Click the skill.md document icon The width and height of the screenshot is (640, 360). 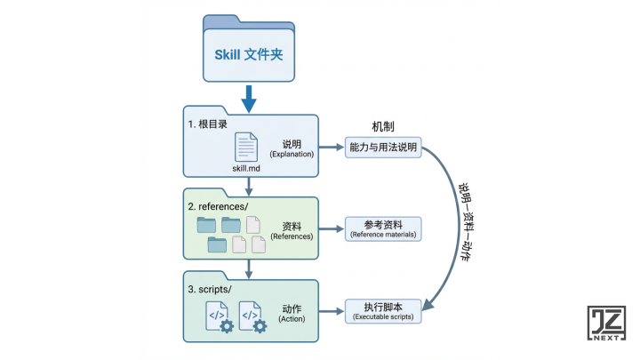[x=246, y=146]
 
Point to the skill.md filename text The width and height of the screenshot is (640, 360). [x=247, y=167]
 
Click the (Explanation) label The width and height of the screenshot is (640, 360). [x=292, y=155]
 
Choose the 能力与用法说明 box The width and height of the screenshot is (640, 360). [x=382, y=149]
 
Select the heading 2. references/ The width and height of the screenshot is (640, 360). [x=221, y=205]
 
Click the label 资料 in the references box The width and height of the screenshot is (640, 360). [x=292, y=226]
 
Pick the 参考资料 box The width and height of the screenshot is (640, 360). [x=382, y=228]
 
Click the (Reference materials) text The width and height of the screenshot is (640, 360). [x=382, y=235]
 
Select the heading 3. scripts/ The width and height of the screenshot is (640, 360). [x=211, y=290]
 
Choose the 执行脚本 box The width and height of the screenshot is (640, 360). [x=382, y=310]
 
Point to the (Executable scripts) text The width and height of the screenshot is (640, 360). [x=382, y=316]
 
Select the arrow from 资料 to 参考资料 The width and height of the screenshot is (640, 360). [x=330, y=229]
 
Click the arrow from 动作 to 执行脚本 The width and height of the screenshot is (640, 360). [x=330, y=311]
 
